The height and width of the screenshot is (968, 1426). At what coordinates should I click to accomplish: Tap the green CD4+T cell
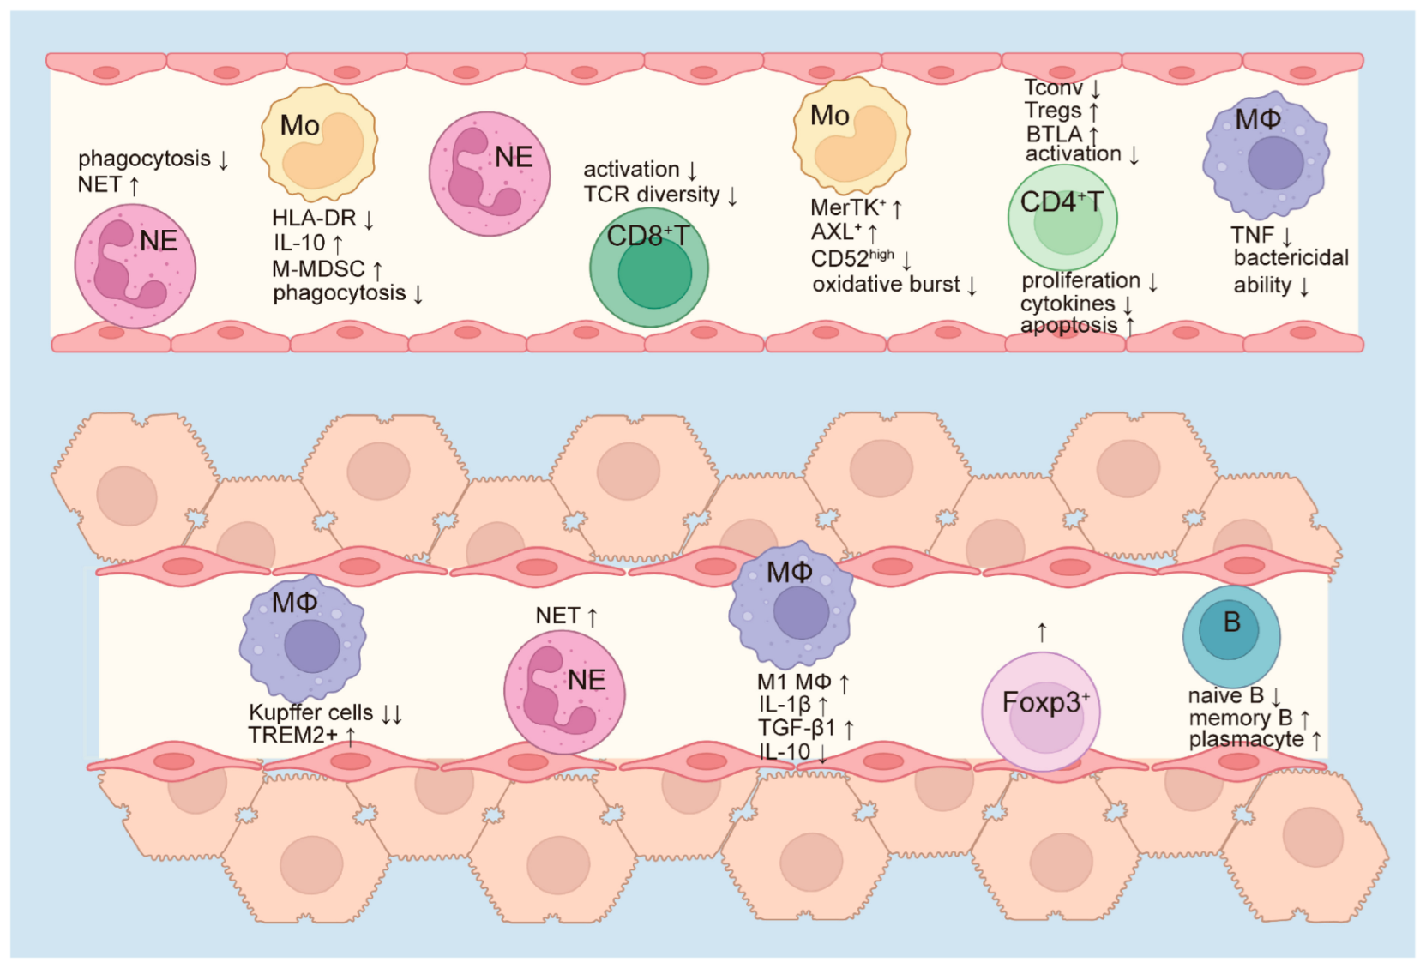coord(1062,218)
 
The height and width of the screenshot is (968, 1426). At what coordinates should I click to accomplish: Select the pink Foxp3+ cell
coord(1040,711)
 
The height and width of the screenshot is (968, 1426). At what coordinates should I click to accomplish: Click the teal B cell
coord(1230,635)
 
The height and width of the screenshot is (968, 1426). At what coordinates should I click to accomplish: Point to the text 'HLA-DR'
coord(314,219)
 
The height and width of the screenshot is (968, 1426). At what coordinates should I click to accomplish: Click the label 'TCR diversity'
coord(652,195)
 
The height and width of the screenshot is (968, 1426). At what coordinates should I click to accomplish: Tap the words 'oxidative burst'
coord(886,285)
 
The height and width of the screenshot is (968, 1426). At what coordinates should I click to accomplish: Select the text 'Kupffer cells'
coord(310,712)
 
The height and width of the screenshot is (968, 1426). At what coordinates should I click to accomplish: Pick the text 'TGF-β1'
coord(796,729)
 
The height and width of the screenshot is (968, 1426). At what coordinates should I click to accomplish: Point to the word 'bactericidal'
coord(1291,258)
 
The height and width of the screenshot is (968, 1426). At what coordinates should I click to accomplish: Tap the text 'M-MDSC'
coord(318,269)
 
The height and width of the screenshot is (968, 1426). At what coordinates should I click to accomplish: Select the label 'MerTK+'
coord(847,208)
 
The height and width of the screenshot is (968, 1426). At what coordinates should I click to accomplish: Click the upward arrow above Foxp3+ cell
coord(1042,633)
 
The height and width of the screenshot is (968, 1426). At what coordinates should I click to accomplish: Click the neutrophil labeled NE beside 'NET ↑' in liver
coord(563,692)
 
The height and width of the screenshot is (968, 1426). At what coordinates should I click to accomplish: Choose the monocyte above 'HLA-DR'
coord(318,142)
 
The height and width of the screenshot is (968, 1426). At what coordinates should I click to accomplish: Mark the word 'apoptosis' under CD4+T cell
coord(1068,326)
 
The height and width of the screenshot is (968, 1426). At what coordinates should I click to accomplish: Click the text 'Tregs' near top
coord(1053,111)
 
